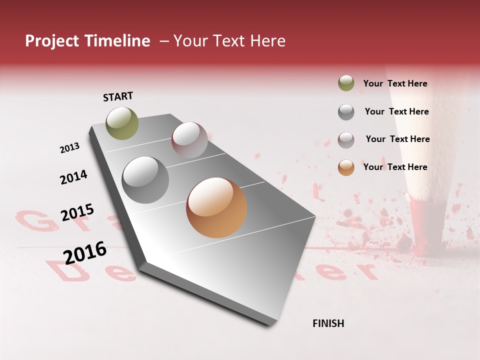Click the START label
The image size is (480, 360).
[x=118, y=96]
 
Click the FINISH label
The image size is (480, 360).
[x=328, y=323]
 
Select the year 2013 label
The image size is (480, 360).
[x=70, y=148]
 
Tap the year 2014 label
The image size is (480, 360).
[x=73, y=177]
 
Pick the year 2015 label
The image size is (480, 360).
[x=77, y=213]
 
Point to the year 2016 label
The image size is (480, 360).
[x=85, y=252]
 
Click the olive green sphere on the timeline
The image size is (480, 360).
[x=122, y=123]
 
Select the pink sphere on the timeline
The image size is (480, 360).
[x=189, y=140]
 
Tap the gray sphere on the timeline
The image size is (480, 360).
[x=145, y=180]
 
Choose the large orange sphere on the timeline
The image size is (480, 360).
[x=216, y=207]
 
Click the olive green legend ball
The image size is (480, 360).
[x=346, y=83]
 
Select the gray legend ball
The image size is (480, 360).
[x=346, y=111]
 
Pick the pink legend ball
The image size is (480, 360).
[x=346, y=139]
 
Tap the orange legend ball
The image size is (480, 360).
[x=346, y=167]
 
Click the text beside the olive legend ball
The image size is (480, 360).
[x=395, y=83]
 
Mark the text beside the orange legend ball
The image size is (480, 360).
[x=395, y=167]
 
